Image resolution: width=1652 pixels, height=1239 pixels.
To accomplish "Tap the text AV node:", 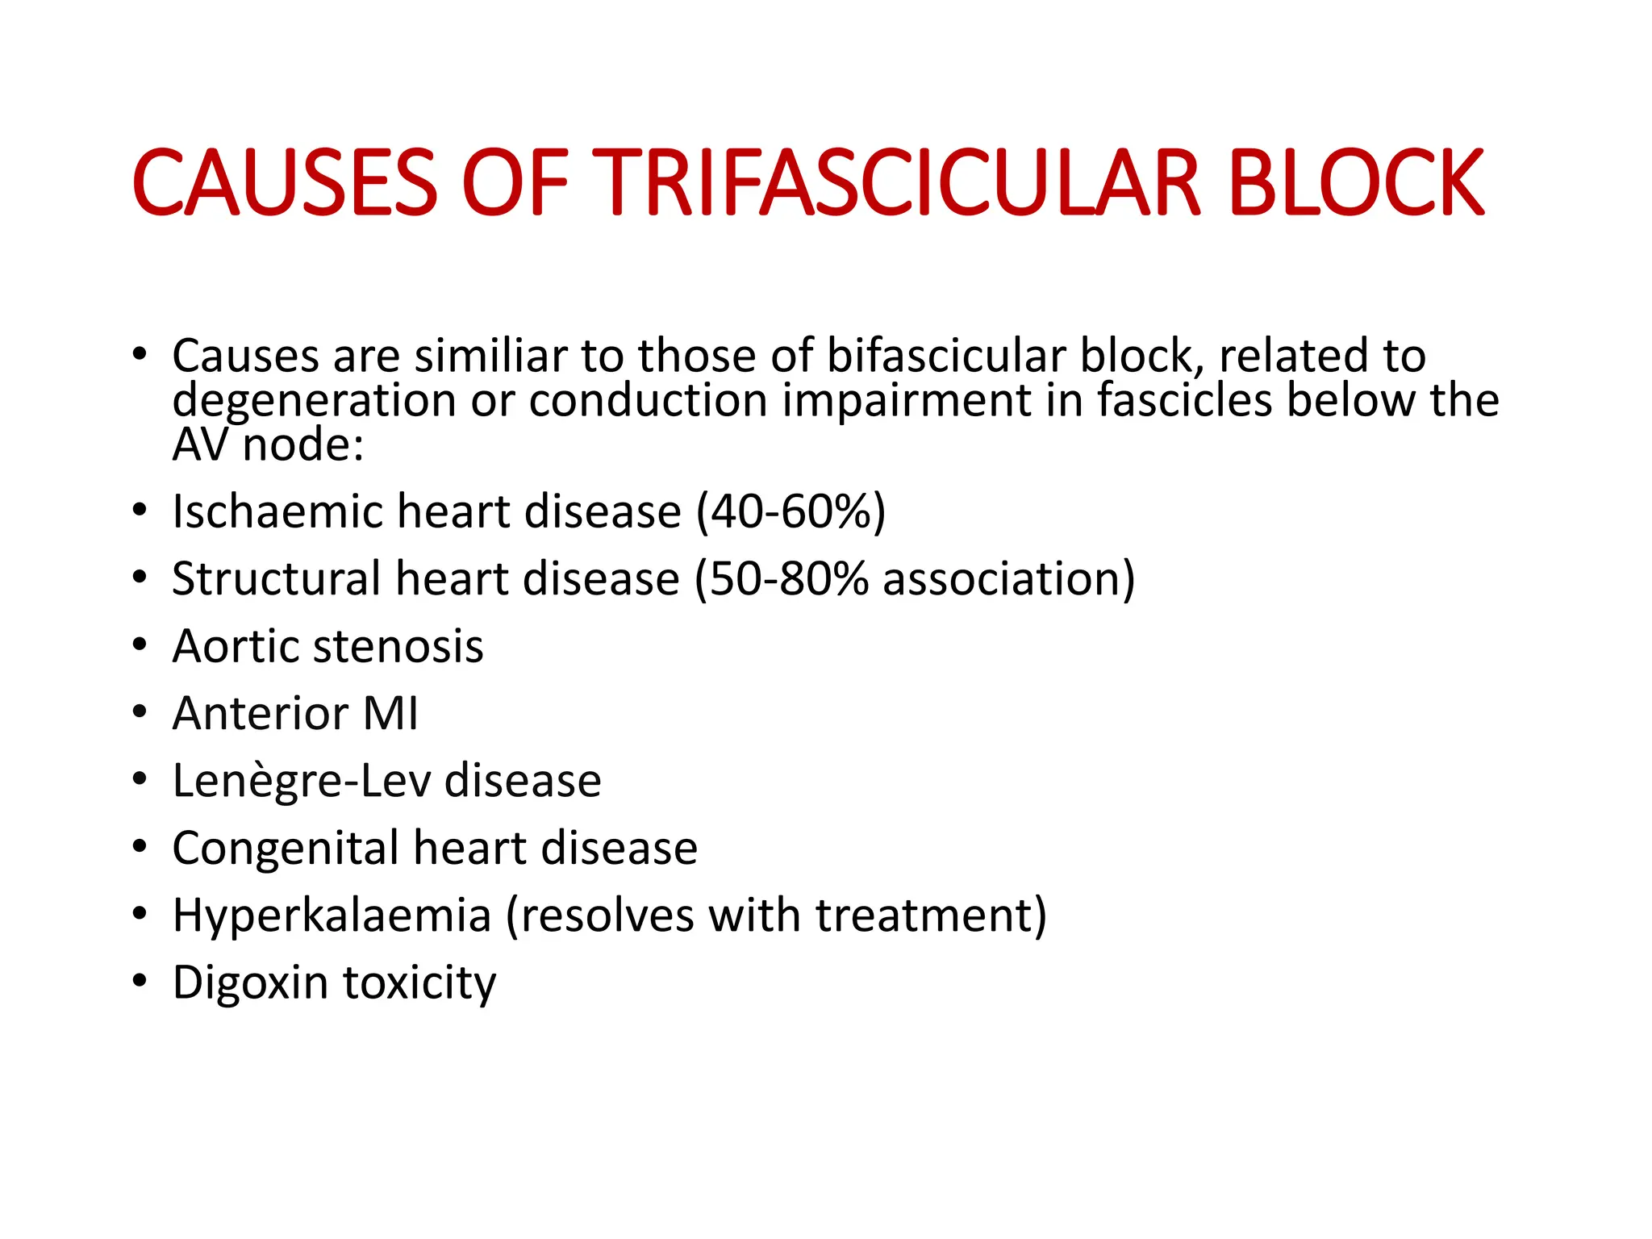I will pyautogui.click(x=268, y=445).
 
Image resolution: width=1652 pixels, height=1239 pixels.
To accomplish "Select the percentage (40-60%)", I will pyautogui.click(x=791, y=512).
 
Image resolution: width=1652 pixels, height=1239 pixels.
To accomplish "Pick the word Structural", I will pyautogui.click(x=277, y=579).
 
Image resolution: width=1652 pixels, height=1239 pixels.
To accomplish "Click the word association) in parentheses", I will pyautogui.click(x=1008, y=579).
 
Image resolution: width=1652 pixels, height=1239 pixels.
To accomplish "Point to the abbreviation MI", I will pyautogui.click(x=390, y=714).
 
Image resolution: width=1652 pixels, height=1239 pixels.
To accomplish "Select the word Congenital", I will pyautogui.click(x=286, y=849).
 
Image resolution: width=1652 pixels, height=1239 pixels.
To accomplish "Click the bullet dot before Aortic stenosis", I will pyautogui.click(x=140, y=645).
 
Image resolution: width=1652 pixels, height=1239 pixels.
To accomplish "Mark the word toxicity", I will pyautogui.click(x=419, y=983).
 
